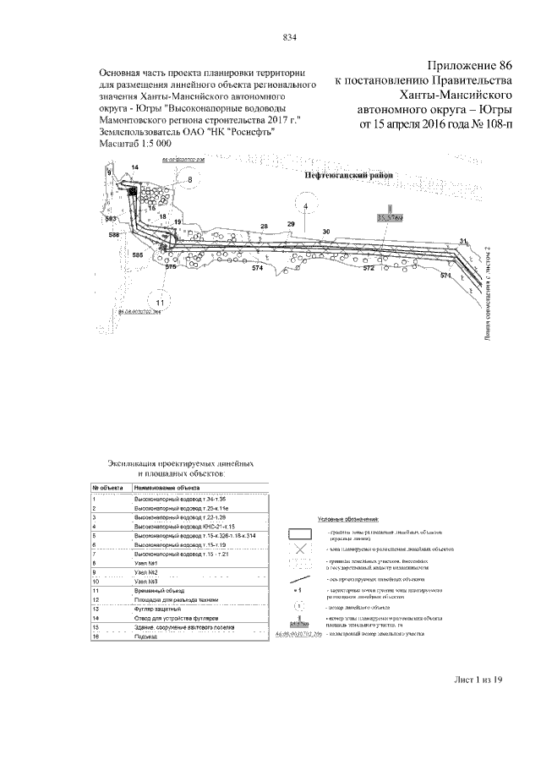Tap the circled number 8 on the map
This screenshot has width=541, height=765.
click(190, 180)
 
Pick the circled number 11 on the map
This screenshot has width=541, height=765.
click(158, 302)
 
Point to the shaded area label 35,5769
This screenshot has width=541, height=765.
click(390, 217)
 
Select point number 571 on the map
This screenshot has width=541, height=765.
click(447, 276)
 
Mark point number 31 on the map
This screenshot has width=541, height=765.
click(462, 243)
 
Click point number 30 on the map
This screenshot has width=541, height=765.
click(326, 232)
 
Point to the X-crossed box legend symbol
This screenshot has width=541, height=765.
click(298, 550)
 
